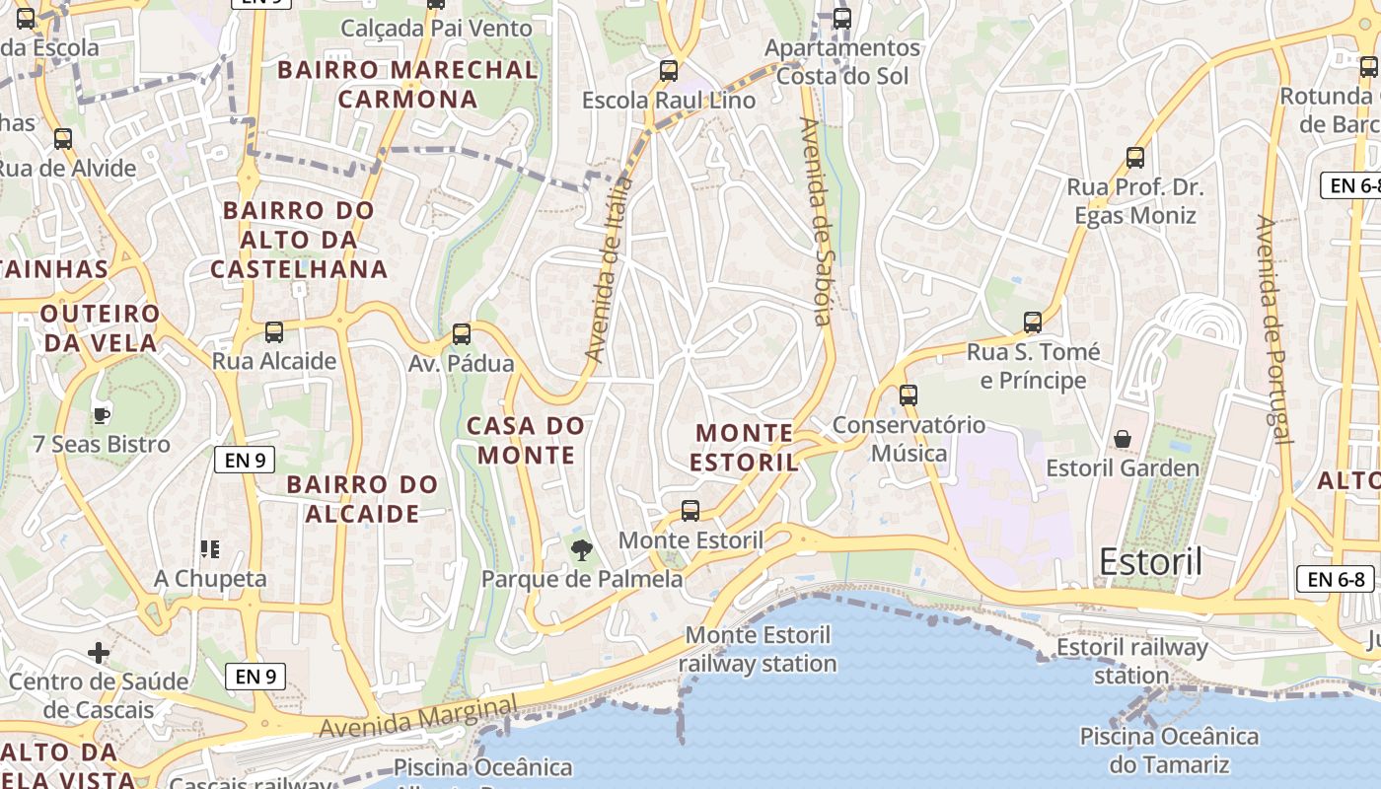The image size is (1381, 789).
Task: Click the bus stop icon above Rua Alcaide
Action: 274,332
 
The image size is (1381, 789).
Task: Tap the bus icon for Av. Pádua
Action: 462,334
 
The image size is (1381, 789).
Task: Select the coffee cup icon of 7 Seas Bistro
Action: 101,415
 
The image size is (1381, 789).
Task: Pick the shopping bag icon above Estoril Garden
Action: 1123,438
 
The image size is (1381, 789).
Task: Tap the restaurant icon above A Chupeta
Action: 209,549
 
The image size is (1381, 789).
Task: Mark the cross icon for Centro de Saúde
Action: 99,652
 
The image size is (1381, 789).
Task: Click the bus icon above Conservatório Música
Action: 909,395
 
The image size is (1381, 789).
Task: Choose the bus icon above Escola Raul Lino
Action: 669,71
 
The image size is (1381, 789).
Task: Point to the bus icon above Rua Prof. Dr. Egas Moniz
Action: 1135,158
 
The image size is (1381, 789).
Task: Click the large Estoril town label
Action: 1150,562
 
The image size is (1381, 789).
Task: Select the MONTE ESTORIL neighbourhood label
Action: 744,448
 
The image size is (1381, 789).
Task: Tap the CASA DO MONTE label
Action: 526,440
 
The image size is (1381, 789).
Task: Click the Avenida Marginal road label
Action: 418,717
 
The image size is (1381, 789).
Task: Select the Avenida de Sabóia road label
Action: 818,221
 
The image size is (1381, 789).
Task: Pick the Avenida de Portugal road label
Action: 1273,329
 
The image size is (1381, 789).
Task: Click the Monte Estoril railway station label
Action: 758,649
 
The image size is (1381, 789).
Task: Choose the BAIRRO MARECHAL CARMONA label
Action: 407,84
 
